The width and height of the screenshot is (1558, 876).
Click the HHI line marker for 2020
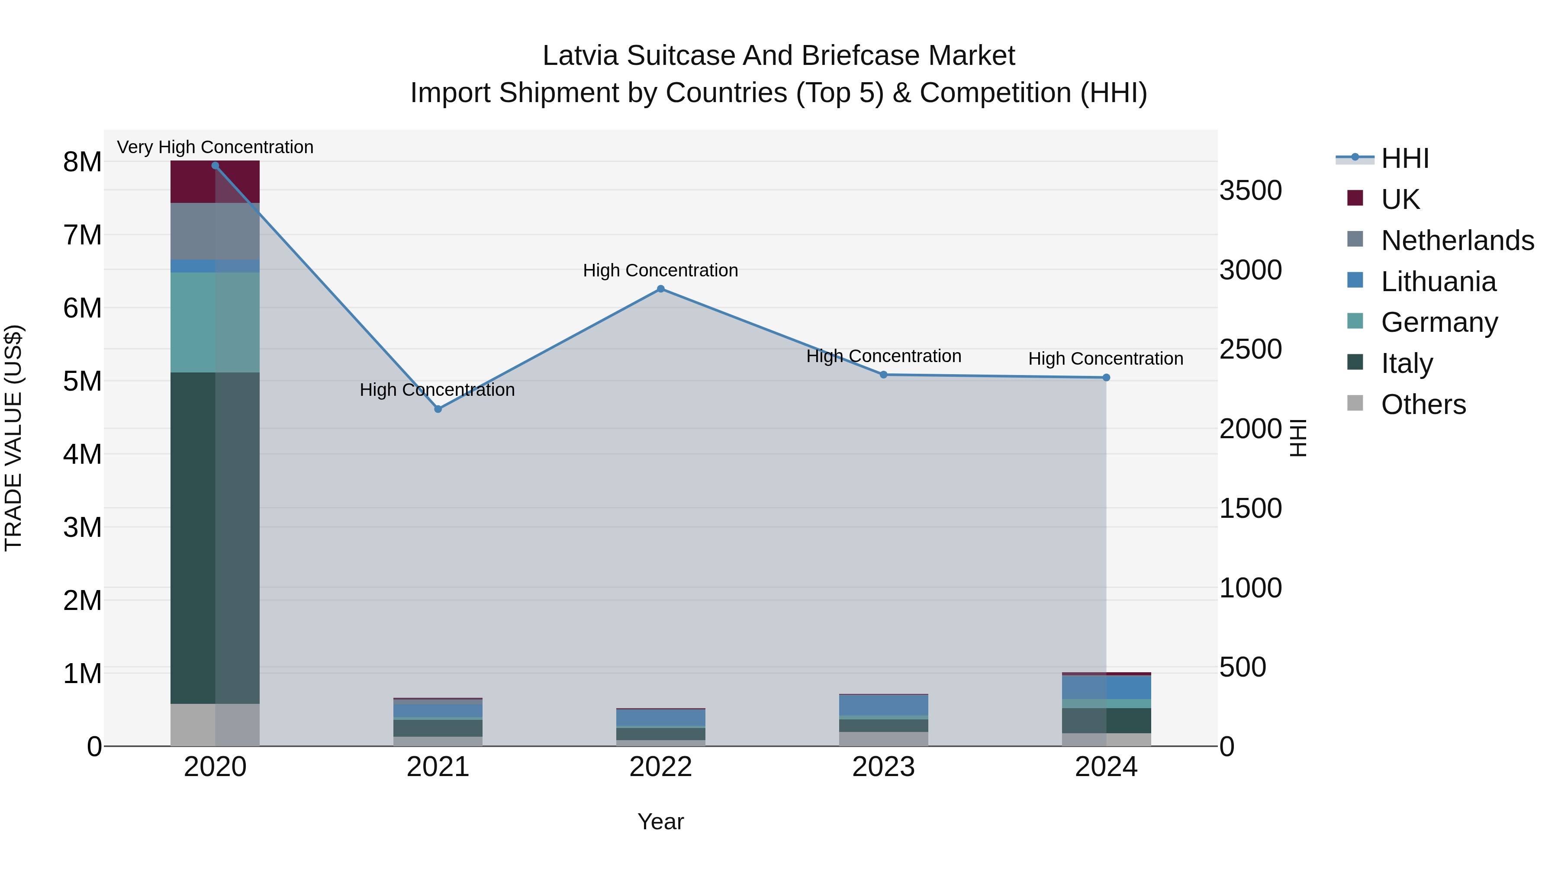(x=216, y=166)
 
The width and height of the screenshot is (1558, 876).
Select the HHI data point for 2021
(x=438, y=409)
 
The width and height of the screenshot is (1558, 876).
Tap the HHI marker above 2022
(x=660, y=289)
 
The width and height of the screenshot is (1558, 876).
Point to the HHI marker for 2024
(x=1106, y=378)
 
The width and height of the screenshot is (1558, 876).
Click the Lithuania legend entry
(x=1438, y=282)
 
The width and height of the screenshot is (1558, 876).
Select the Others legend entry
(x=1423, y=404)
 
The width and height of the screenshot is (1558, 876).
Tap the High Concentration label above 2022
(x=660, y=270)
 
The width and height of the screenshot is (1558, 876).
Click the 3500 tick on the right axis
(x=1250, y=190)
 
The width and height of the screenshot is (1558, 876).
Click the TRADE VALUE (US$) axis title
(x=13, y=438)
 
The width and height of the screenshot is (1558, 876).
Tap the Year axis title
(x=660, y=821)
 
